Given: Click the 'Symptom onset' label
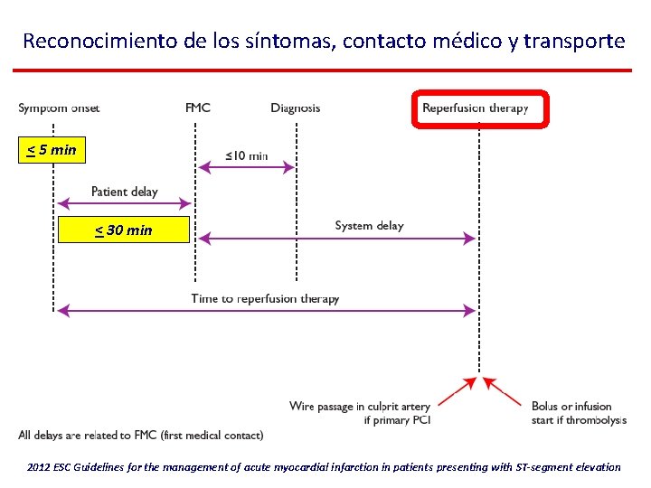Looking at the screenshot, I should pos(59,108).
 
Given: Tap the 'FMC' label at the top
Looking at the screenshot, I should pos(198,108).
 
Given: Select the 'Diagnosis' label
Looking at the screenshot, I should pos(296,108).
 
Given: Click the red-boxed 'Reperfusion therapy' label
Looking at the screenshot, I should pos(476,108).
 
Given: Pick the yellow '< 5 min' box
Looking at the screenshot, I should pos(52,150).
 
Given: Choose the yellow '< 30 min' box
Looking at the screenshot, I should pos(124,230).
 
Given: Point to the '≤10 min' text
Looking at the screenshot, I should pos(247,155).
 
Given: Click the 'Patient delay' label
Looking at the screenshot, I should pos(124,192).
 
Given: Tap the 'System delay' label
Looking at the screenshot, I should pos(369,225).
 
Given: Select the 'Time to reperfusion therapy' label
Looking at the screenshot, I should pos(265,298).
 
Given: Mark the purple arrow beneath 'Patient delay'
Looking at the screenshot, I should pos(124,204).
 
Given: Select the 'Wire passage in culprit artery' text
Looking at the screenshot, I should pos(360,406).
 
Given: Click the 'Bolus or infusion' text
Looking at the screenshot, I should pos(571,406).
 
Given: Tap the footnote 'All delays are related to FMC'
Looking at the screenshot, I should pos(140,436).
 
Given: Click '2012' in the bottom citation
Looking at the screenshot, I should pos(40,467).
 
